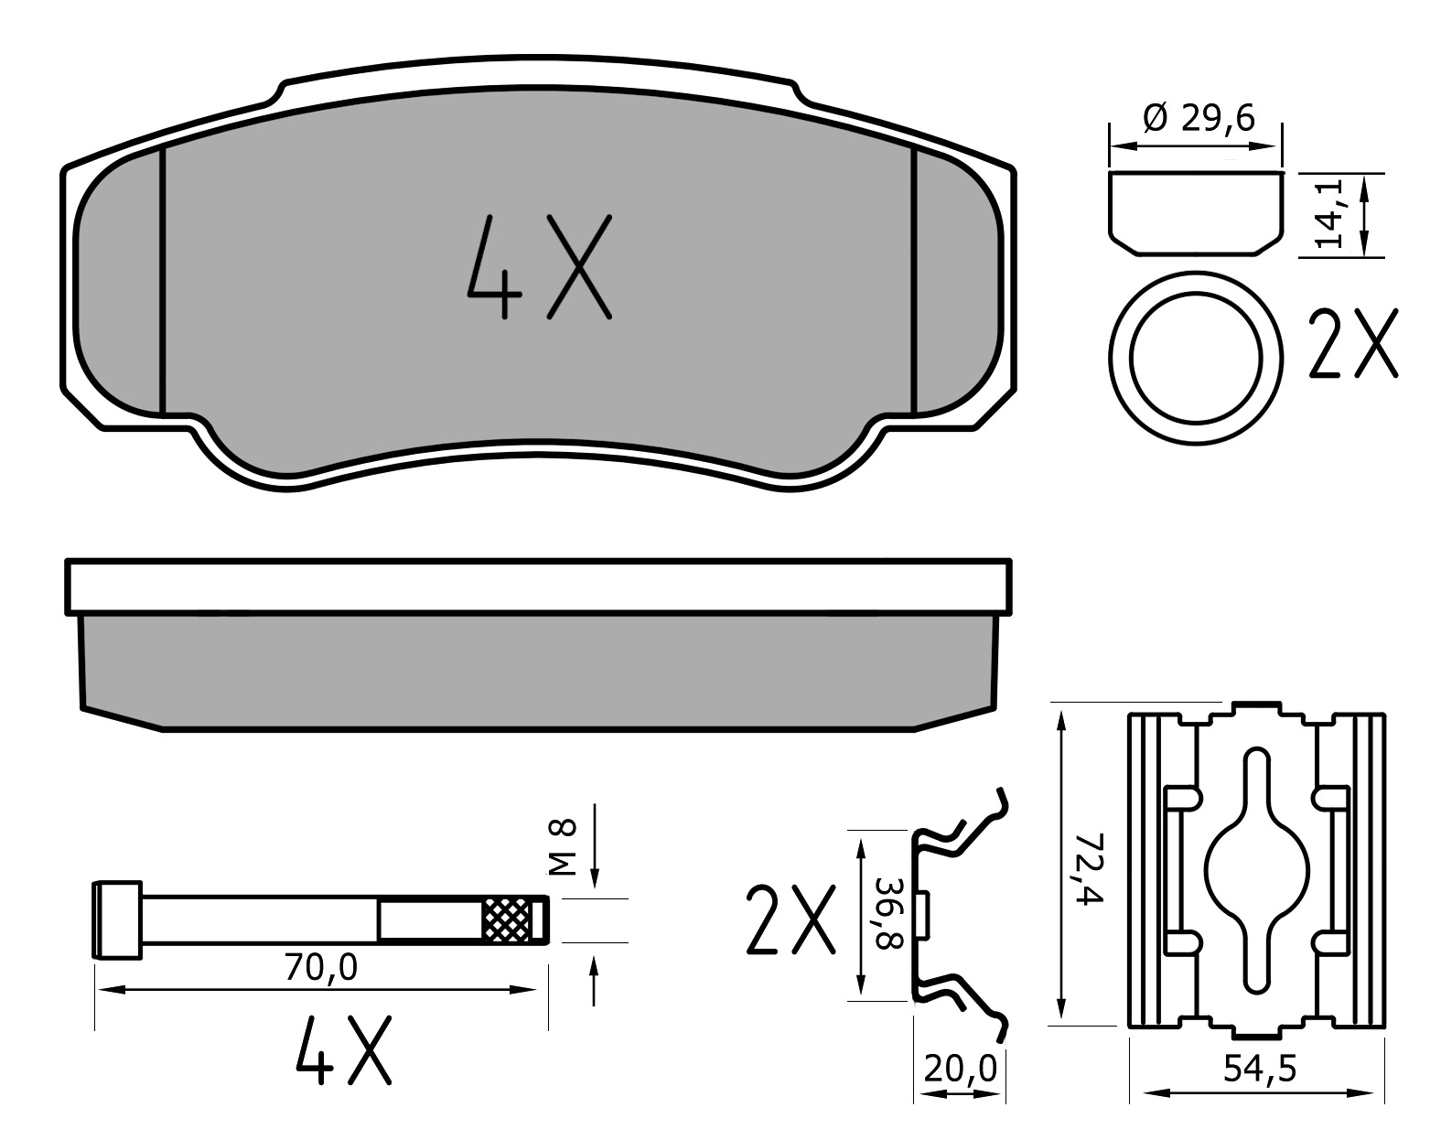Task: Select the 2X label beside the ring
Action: pyautogui.click(x=1353, y=344)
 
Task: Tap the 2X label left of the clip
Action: pyautogui.click(x=790, y=919)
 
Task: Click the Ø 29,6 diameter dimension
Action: pyautogui.click(x=1199, y=118)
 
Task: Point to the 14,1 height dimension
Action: pyautogui.click(x=1328, y=214)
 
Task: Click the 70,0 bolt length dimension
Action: pyautogui.click(x=320, y=967)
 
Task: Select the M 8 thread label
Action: pyautogui.click(x=565, y=846)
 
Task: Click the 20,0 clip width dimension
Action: pyautogui.click(x=959, y=1068)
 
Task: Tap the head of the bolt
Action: pyautogui.click(x=118, y=919)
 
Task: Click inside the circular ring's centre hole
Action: pyautogui.click(x=1195, y=358)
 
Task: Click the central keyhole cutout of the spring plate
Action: pyautogui.click(x=1257, y=869)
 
